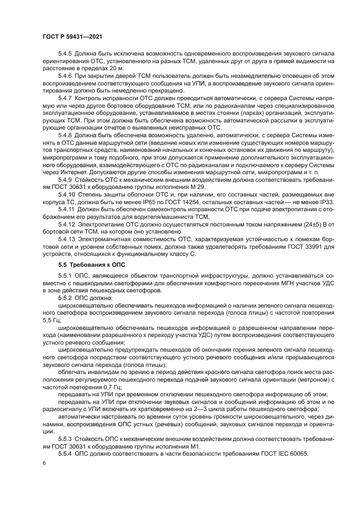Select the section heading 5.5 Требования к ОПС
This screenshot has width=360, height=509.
pos(91,265)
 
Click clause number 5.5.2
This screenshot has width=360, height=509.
pos(66,298)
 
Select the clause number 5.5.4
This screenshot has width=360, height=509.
pos(66,453)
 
